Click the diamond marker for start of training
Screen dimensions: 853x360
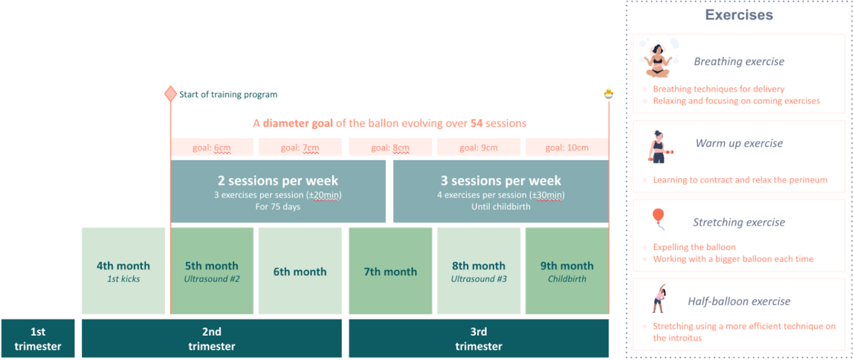tap(170, 94)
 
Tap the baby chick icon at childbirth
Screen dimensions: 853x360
tap(609, 93)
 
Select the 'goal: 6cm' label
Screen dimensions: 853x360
tap(212, 147)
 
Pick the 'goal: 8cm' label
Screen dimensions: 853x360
tap(390, 147)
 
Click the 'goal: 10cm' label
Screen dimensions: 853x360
tap(567, 147)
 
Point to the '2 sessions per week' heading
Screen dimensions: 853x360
tap(278, 180)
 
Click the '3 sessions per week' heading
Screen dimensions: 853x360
tap(501, 180)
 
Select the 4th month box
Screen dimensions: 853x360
tap(123, 271)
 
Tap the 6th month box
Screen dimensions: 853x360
tap(300, 271)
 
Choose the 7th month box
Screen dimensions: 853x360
tap(390, 271)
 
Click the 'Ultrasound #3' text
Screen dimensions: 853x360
tap(479, 279)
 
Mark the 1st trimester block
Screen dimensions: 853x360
tap(38, 339)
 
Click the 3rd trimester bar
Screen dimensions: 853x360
tap(479, 339)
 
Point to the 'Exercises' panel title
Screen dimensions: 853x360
tap(739, 15)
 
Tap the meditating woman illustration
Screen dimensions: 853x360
tap(658, 60)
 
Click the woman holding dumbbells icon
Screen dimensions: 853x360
tap(660, 147)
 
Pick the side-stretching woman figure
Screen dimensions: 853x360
tap(659, 298)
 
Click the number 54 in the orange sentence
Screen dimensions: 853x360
tap(477, 123)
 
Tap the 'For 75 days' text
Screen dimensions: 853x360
tap(278, 207)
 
